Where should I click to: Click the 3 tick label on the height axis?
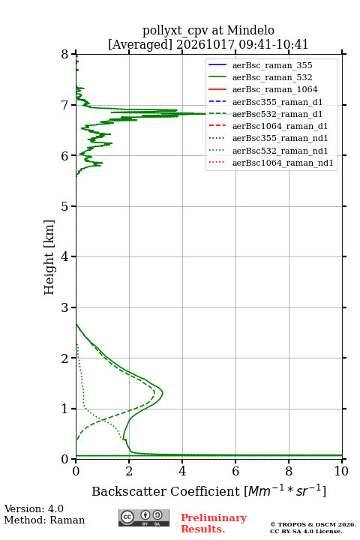pos(64,307)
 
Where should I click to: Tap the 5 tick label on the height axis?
pos(64,206)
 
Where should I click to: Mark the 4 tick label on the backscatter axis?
pos(182,471)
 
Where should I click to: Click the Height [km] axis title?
pos(49,257)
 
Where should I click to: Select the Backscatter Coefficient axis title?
pos(208,490)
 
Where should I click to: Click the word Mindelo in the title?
pos(250,30)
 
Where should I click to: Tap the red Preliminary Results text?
pos(214,523)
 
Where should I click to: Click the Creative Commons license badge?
pos(144,517)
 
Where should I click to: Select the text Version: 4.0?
pos(34,508)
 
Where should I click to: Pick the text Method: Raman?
pos(44,520)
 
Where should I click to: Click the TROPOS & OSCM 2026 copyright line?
pos(313,524)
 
